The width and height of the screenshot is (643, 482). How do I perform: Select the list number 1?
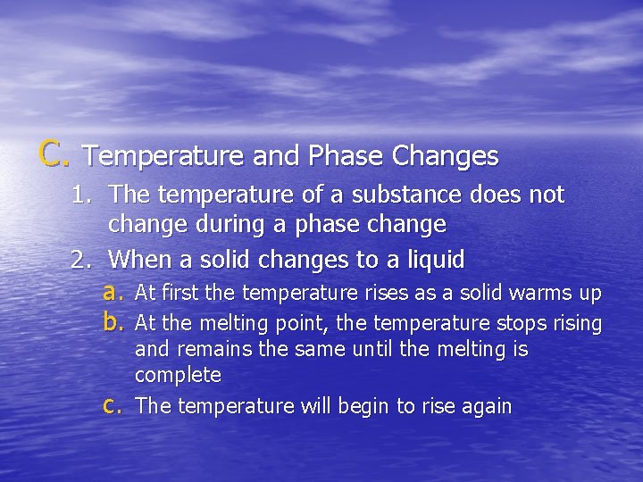(83, 195)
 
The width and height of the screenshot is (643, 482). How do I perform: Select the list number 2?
(83, 261)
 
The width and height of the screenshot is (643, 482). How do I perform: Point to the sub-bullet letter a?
(112, 292)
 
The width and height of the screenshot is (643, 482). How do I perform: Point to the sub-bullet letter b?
(112, 322)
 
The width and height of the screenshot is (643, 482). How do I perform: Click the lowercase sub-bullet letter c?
(112, 406)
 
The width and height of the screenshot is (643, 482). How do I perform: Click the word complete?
(178, 375)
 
